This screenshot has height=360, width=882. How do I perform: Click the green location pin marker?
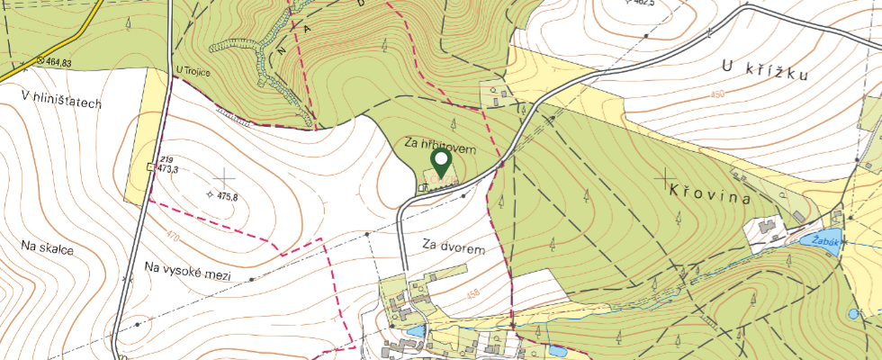click(441, 163)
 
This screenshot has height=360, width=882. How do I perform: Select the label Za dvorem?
click(460, 246)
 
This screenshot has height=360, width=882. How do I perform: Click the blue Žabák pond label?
click(825, 241)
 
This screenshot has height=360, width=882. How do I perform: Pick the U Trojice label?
click(193, 71)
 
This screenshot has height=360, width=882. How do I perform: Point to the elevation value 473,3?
click(168, 168)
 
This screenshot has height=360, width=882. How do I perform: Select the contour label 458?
click(473, 293)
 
